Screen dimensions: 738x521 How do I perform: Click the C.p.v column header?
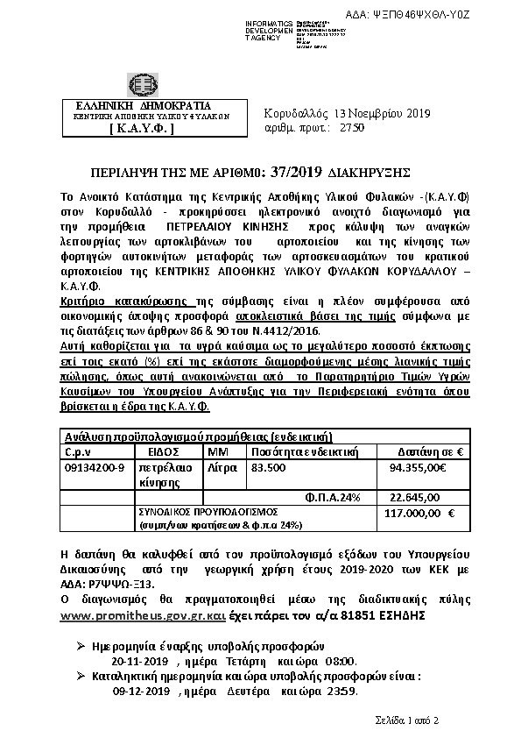[x=79, y=450]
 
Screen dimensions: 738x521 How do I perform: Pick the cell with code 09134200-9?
[x=95, y=468]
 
